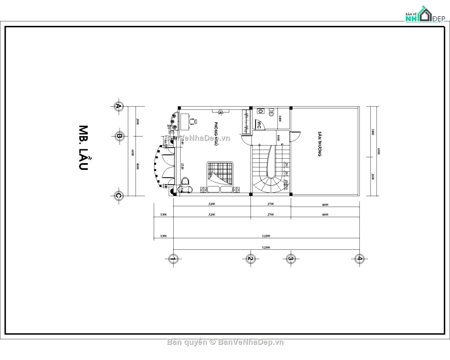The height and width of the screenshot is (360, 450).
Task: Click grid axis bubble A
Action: [x=119, y=106]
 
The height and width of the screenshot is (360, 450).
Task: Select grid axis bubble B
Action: [x=119, y=136]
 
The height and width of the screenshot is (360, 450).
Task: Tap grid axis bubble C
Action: [x=119, y=195]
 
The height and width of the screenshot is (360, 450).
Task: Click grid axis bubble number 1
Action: [x=173, y=258]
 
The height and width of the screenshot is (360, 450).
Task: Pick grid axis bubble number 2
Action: [x=250, y=258]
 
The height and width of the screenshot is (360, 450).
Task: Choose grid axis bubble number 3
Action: [x=291, y=258]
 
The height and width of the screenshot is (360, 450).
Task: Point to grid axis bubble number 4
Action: [x=359, y=258]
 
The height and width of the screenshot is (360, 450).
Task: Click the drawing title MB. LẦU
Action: [x=83, y=148]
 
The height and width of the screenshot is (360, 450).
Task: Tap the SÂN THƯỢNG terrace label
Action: [x=319, y=144]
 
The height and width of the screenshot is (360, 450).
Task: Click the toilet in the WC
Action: [x=271, y=111]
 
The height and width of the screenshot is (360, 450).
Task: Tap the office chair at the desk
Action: [x=193, y=121]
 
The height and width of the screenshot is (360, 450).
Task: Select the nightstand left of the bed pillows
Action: [x=203, y=190]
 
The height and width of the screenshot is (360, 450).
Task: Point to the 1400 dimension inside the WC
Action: [x=280, y=119]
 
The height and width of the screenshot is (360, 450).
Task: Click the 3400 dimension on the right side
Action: [x=372, y=132]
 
